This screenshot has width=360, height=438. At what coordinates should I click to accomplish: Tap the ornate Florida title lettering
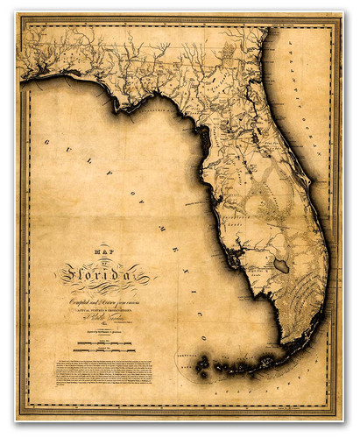point(106,276)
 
